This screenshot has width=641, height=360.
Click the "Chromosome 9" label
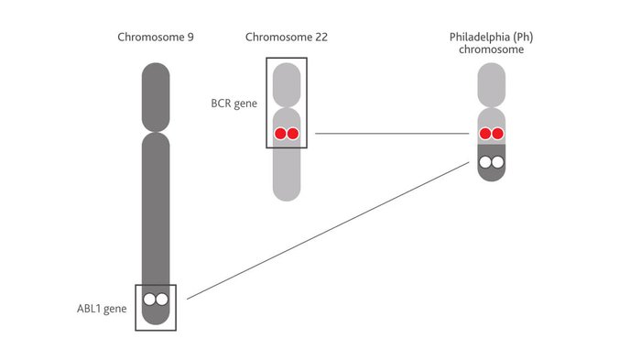(x=155, y=37)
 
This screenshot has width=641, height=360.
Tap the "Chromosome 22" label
(x=286, y=37)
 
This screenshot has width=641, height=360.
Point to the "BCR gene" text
(x=234, y=103)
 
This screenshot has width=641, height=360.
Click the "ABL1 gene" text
(x=102, y=308)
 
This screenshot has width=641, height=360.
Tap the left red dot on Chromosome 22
(x=280, y=134)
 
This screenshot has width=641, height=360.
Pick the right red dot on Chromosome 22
(x=293, y=134)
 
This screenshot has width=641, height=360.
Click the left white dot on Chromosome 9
(x=149, y=299)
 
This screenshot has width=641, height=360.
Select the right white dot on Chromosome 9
(x=162, y=299)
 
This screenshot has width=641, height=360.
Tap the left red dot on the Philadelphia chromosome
(x=485, y=134)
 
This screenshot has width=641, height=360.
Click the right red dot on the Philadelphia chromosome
(x=498, y=134)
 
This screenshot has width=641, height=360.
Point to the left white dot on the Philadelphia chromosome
(x=485, y=162)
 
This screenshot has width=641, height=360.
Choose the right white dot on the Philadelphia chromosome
(x=498, y=162)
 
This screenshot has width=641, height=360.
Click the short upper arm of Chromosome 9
(x=156, y=96)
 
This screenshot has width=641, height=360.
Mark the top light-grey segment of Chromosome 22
(x=287, y=82)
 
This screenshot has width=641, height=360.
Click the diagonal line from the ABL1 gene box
(x=330, y=229)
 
